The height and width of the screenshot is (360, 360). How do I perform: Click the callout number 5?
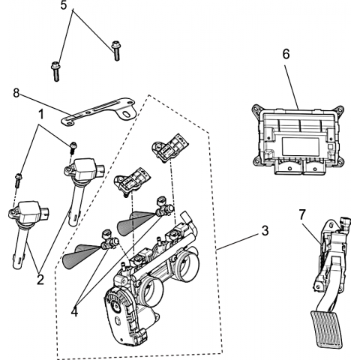[x=64, y=5]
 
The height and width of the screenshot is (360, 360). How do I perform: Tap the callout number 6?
[x=286, y=54]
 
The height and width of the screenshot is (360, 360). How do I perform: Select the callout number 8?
[x=16, y=93]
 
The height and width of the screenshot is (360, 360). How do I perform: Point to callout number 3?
[x=265, y=231]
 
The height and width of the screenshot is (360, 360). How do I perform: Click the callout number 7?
[x=302, y=214]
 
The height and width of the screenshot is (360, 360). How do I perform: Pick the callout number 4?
[x=74, y=312]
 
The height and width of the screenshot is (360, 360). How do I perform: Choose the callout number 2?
[x=40, y=280]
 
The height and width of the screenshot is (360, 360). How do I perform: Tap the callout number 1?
[x=40, y=114]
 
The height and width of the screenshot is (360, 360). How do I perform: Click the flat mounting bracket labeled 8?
[x=99, y=112]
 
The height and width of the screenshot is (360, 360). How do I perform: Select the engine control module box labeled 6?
[x=298, y=139]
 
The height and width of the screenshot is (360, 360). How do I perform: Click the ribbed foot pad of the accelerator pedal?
[x=326, y=329]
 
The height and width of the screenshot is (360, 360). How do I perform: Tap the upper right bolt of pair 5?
[x=115, y=51]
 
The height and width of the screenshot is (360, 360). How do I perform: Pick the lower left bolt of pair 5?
[x=55, y=71]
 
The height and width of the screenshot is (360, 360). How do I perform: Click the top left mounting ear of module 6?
[x=256, y=110]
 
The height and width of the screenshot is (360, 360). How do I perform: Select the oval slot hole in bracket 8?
[x=127, y=115]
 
